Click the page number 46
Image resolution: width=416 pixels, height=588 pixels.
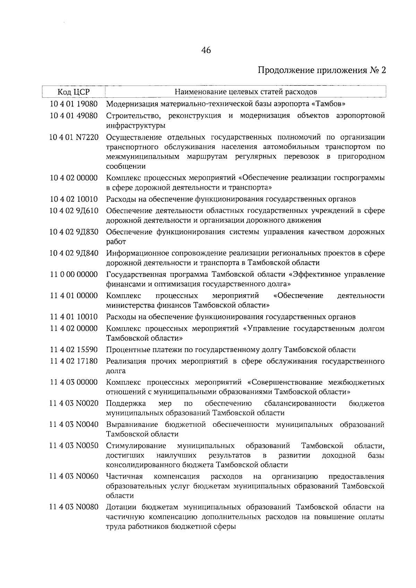[x=206, y=51]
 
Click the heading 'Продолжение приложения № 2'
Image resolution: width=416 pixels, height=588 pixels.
[x=322, y=71]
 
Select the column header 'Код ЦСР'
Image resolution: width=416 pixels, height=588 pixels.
[x=73, y=92]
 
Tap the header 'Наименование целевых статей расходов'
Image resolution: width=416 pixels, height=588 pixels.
[x=245, y=92]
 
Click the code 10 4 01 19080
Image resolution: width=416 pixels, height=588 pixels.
[x=73, y=104]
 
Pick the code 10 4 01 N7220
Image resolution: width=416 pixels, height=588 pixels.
[x=73, y=138]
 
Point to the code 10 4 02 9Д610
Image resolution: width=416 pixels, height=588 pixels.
[x=73, y=211]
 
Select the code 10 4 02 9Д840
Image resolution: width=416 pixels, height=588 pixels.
[x=73, y=253]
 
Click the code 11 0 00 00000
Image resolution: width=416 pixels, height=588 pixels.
[x=73, y=275]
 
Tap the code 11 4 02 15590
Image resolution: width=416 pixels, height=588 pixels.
[x=73, y=350]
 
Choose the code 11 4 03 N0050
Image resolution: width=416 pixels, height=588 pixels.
[x=73, y=446]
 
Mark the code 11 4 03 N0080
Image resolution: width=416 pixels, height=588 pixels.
[x=73, y=508]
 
